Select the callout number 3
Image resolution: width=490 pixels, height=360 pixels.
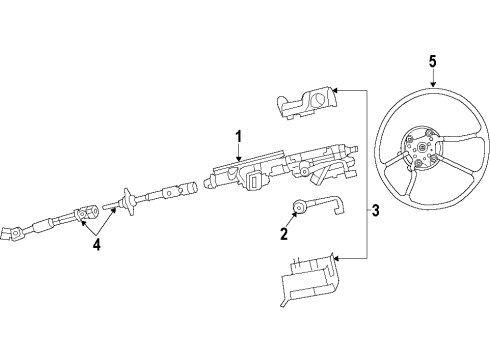[375, 210]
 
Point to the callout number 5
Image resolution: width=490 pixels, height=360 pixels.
[432, 61]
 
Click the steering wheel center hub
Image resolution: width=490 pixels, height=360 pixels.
[423, 152]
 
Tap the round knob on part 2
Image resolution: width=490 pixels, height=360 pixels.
[297, 208]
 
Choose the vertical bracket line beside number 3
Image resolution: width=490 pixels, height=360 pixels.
[361, 175]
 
